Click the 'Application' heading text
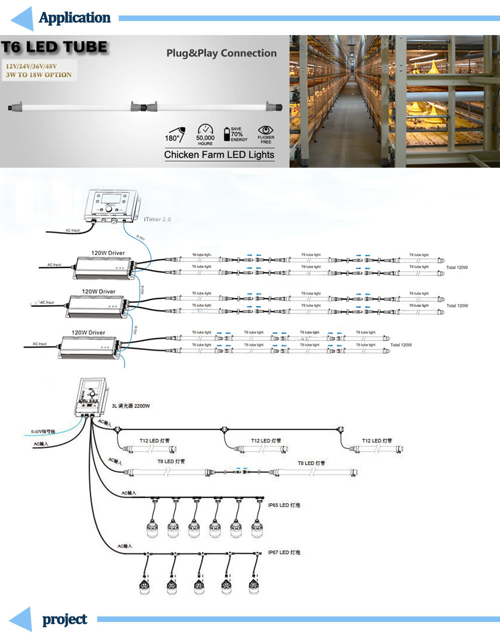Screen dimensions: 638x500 click(75, 18)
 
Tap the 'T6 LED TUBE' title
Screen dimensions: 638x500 click(54, 48)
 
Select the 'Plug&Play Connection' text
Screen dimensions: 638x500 click(221, 53)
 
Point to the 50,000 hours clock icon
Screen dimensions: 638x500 click(205, 131)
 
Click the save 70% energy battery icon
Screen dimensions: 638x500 click(227, 134)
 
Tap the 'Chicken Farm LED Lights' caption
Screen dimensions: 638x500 click(219, 155)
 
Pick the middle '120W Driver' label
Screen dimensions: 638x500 click(99, 291)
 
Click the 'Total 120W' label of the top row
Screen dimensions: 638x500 click(457, 267)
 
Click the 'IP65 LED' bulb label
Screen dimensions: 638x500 click(284, 505)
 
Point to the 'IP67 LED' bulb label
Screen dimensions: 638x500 click(284, 552)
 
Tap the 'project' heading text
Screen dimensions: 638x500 click(65, 619)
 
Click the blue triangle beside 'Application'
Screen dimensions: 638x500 click(23, 19)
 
